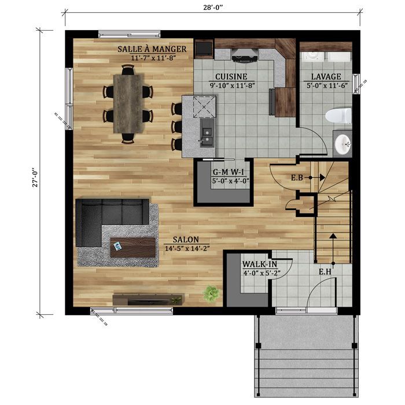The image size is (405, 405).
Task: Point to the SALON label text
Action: pos(186,240)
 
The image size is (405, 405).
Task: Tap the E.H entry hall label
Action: pos(325,271)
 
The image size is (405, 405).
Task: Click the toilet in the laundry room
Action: pos(338,115)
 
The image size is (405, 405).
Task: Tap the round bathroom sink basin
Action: pos(343,143)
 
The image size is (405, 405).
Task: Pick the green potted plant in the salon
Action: pos(211,294)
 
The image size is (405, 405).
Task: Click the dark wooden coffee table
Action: pos(133,248)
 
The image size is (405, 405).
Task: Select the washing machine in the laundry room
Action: pos(313,56)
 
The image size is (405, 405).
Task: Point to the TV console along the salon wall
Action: pos(148,299)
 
